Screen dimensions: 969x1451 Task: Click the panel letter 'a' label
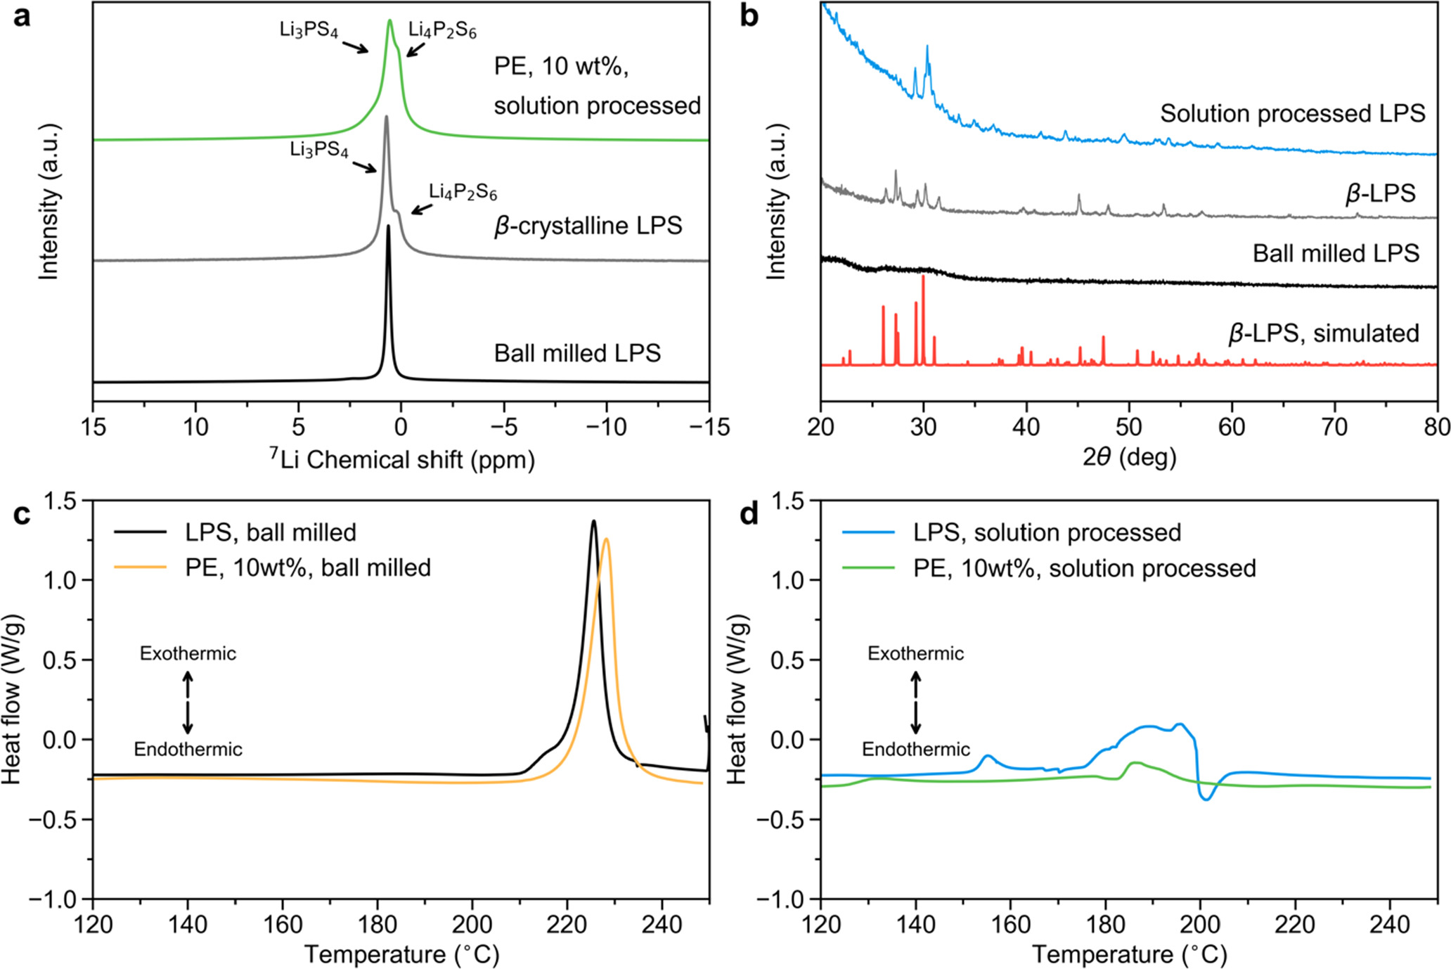point(22,15)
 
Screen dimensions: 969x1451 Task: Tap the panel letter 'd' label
point(749,514)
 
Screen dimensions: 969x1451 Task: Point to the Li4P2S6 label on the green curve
point(442,30)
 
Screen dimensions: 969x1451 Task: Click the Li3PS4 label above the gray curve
point(318,150)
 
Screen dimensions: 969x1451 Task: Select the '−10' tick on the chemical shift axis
point(606,427)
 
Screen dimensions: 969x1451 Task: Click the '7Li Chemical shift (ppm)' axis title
point(401,460)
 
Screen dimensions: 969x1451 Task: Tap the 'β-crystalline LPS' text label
point(588,226)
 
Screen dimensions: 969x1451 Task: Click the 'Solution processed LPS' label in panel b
point(1292,113)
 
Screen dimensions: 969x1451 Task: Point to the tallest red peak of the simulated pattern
point(923,278)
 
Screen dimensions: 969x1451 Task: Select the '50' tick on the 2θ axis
point(1129,427)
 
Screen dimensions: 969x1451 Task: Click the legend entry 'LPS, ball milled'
point(271,532)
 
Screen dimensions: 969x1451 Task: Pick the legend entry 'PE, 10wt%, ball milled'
point(308,567)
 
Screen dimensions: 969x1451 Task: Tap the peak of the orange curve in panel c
point(606,540)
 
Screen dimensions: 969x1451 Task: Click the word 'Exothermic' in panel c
point(188,653)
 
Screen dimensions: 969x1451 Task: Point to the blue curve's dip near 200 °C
point(1206,799)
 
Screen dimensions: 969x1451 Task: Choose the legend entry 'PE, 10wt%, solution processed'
point(1084,568)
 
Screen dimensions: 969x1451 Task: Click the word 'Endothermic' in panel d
point(915,750)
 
